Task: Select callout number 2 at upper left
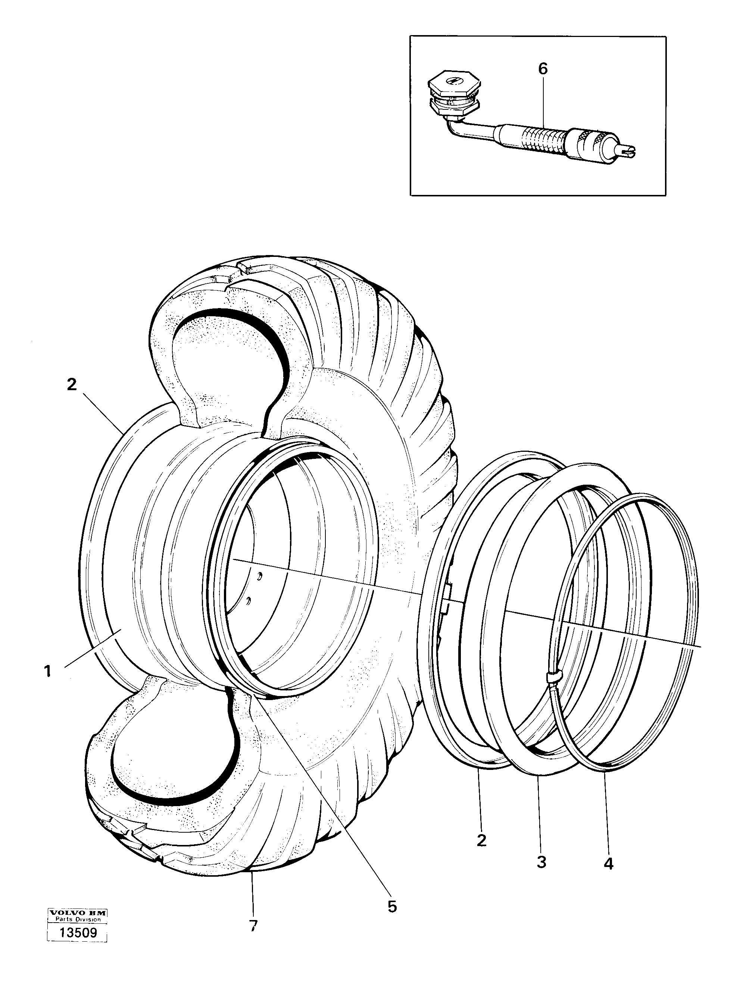point(72,385)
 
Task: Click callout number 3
point(541,862)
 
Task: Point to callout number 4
point(609,864)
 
